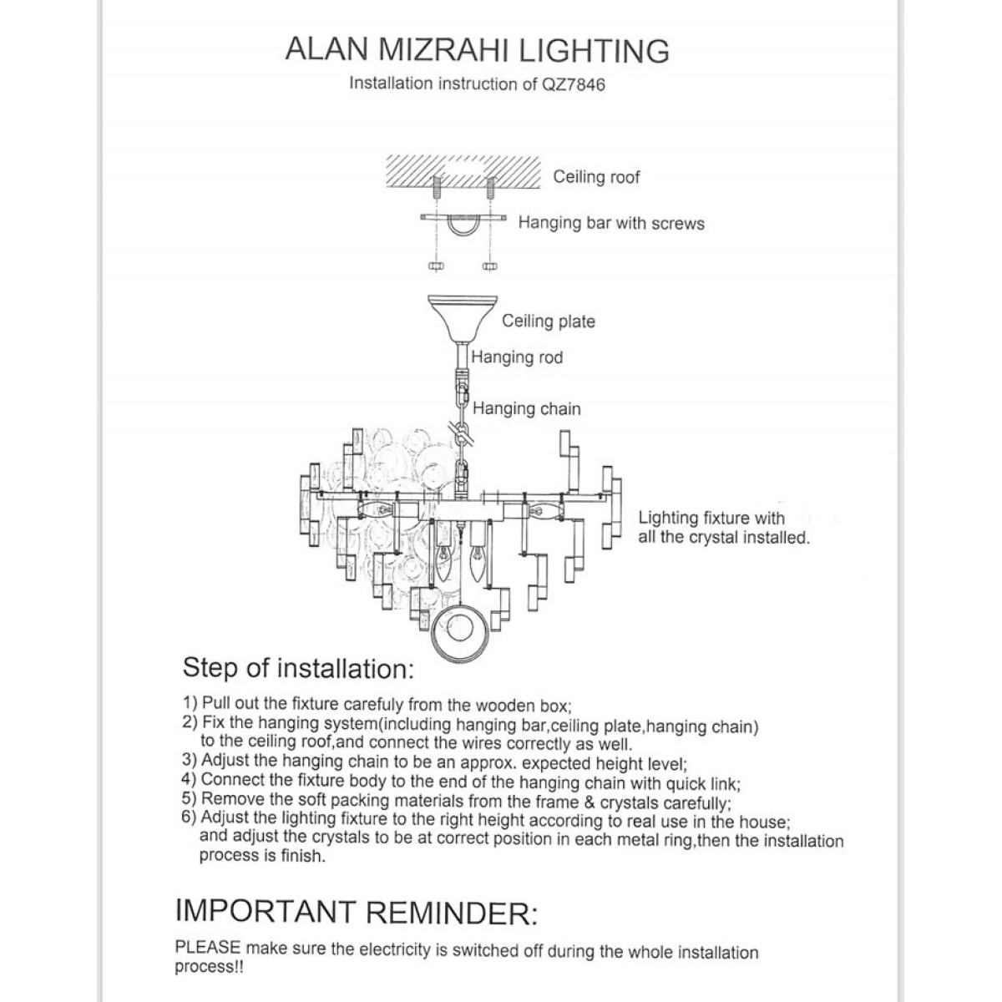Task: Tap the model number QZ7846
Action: [574, 84]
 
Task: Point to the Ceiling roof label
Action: [596, 177]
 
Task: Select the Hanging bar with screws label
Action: [611, 223]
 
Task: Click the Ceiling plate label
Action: [548, 321]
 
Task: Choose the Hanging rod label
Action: [517, 357]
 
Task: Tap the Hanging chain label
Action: [526, 408]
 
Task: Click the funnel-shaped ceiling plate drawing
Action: [462, 319]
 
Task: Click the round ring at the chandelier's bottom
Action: [459, 657]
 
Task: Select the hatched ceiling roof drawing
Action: [463, 172]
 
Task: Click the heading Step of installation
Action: [298, 668]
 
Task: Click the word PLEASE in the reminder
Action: [208, 947]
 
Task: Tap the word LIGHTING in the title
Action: [595, 51]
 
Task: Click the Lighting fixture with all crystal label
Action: [724, 527]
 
